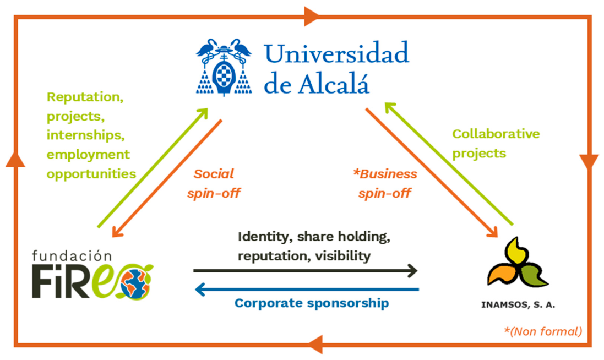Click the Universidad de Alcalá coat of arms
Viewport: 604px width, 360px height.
pos(224,67)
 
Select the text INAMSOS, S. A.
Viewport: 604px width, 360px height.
pos(518,305)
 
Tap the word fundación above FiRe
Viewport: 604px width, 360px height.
pos(72,255)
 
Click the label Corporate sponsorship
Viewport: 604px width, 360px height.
pos(312,303)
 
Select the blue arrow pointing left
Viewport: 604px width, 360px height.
pos(307,289)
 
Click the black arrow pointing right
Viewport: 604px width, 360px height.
pos(305,271)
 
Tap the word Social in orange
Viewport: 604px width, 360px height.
pos(214,173)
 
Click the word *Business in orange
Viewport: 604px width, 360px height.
pos(385,173)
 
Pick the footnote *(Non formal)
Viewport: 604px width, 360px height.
pos(543,331)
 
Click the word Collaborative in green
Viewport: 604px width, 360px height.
pos(496,134)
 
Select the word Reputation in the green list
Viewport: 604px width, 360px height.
pos(85,97)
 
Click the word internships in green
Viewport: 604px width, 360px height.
pos(85,135)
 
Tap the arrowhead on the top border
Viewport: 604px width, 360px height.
pos(311,17)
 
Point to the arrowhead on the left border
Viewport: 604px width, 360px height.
pos(15,159)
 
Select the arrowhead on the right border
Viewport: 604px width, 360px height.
pos(589,162)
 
